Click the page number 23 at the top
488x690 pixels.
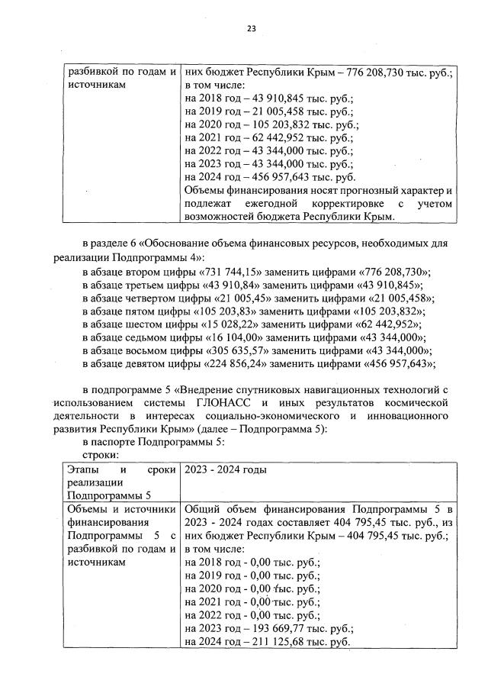click(251, 28)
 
